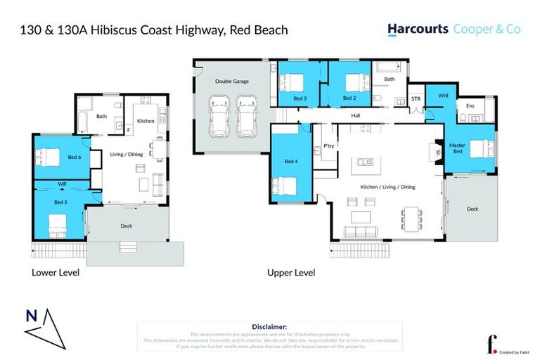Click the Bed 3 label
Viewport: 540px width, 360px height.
coord(299,98)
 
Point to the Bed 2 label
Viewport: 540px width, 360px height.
coord(349,98)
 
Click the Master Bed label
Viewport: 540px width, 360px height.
coord(457,148)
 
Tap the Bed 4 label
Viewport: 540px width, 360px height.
coord(291,162)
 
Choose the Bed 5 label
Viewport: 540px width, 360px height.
coord(60,202)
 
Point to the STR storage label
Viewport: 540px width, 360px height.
coord(416,99)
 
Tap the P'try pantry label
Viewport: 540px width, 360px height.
coord(328,146)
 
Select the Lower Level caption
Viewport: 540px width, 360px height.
coord(56,272)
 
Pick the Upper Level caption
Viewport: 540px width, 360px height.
coord(290,272)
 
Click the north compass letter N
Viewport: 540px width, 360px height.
coord(32,316)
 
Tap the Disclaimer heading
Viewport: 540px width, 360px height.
coord(269,327)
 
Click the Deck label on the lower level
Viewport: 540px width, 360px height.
coord(127,226)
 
